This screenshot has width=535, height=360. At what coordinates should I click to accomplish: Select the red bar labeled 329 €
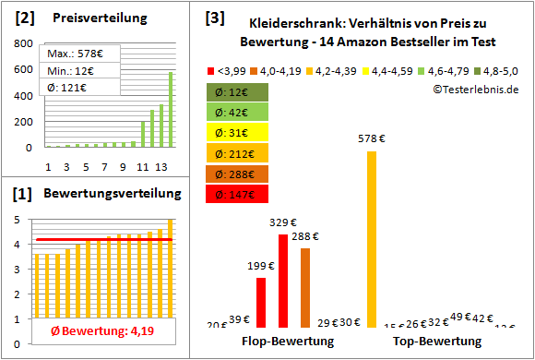(283, 281)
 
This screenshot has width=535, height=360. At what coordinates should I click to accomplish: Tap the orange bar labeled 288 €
(305, 287)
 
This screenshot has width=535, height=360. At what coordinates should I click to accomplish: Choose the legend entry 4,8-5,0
(499, 70)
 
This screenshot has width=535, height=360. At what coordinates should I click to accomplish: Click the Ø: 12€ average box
(238, 92)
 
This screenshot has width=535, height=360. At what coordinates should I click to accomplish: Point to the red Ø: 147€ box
(238, 194)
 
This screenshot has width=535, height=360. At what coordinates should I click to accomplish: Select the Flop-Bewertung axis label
(288, 342)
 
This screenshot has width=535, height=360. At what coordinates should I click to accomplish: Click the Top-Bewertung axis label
(437, 342)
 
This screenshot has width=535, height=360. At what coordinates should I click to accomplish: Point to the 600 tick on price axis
(25, 70)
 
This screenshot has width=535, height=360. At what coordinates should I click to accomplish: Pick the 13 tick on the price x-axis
(160, 166)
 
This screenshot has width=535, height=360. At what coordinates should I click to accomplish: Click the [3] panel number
(215, 18)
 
